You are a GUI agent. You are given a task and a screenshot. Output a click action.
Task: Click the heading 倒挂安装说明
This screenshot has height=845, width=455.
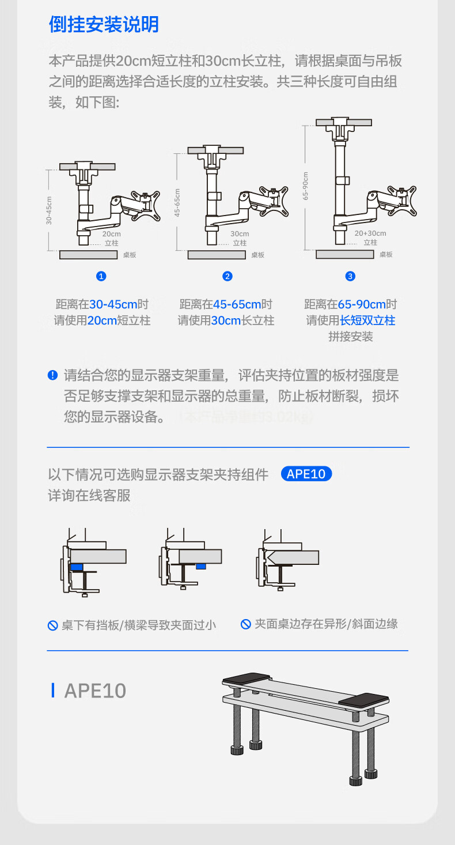pos(104,25)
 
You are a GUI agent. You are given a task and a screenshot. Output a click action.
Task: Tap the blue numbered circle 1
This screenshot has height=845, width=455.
pos(101,276)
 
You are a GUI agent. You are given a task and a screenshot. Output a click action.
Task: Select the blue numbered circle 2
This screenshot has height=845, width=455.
pos(227,276)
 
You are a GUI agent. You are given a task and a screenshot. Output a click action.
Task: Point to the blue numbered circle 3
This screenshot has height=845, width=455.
pos(350,276)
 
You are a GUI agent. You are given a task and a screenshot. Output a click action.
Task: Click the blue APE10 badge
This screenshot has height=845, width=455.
pos(306,474)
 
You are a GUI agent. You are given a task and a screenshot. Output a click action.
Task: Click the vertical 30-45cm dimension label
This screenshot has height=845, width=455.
pos(50,210)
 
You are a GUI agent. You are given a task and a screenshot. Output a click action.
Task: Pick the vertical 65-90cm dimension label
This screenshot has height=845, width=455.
pos(305,186)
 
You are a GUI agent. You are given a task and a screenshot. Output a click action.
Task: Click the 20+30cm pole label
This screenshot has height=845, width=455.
pos(370,233)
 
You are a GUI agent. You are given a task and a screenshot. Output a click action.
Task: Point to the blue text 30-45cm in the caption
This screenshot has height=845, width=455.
pos(113,304)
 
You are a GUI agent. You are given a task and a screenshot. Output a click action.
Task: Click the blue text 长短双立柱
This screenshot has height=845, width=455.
pos(367,320)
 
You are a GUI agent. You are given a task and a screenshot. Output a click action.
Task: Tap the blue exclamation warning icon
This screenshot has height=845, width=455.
pos(52,376)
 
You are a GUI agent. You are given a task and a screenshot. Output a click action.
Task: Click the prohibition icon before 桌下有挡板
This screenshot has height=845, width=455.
pos(52,625)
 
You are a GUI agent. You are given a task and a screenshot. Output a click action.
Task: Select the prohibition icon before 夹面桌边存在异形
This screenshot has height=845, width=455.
pos(246,624)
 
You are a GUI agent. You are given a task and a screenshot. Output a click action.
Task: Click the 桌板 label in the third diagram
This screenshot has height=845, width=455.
pos(386,255)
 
